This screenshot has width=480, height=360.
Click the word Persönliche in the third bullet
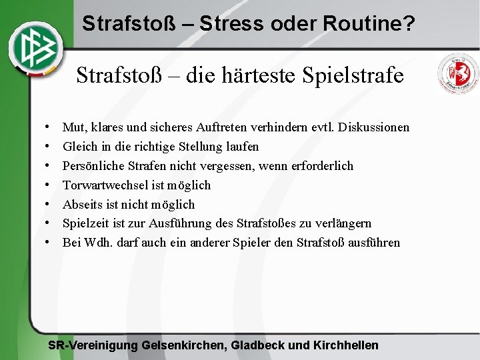93,165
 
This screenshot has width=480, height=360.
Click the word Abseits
83,204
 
